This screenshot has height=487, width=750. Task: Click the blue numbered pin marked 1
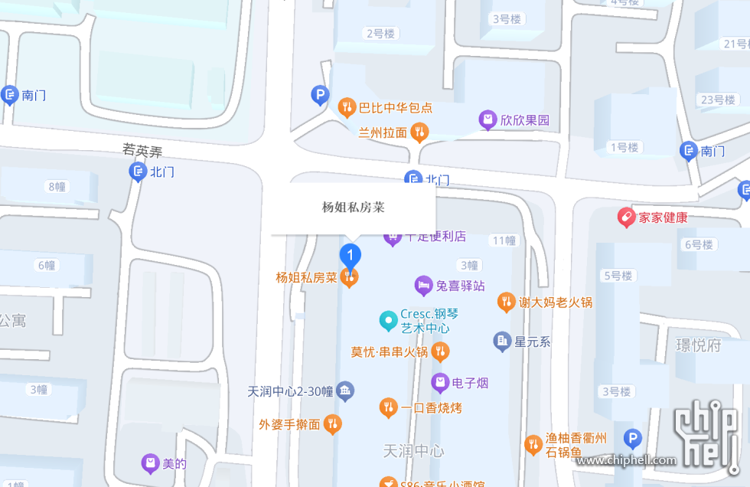point(350,254)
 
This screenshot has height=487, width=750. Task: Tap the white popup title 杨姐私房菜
point(353,207)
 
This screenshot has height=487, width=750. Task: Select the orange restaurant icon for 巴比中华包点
point(347,108)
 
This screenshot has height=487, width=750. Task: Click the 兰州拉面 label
point(383,132)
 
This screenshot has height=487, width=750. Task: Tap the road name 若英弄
point(142,150)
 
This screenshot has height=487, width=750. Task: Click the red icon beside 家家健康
point(627,217)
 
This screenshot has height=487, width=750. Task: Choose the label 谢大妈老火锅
point(556,302)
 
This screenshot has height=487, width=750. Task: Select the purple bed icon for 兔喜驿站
point(423,286)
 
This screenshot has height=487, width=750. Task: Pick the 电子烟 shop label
point(470,383)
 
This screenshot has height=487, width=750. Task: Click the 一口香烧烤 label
point(432,408)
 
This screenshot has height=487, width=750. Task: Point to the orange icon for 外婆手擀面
point(332,424)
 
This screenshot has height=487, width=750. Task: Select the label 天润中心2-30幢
point(290,391)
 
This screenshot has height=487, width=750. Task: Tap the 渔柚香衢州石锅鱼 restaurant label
point(576,445)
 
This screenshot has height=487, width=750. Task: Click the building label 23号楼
point(717,100)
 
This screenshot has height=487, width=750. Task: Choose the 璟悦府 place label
point(698,345)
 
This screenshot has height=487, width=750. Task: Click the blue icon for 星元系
point(502,342)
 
